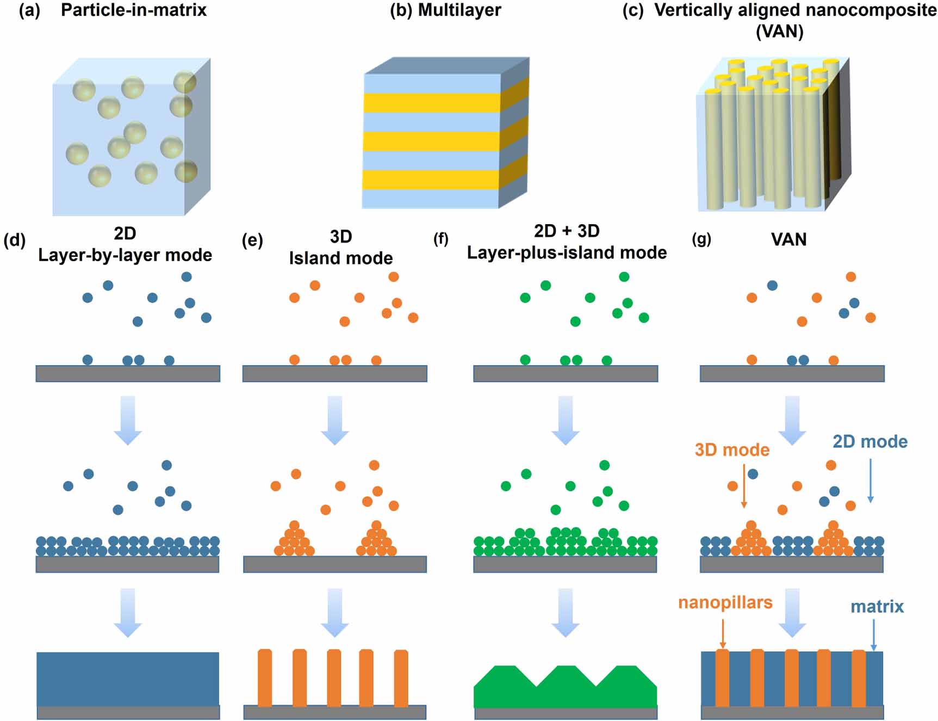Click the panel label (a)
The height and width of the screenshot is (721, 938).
click(x=29, y=10)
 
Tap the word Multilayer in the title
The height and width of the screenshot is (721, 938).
click(x=459, y=10)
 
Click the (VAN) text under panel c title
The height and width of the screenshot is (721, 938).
click(x=779, y=31)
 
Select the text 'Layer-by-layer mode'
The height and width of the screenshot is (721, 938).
click(x=125, y=255)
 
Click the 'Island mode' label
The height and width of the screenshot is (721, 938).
click(x=341, y=257)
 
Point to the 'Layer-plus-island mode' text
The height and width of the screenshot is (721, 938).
click(x=567, y=252)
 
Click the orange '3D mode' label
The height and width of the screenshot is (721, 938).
click(x=732, y=449)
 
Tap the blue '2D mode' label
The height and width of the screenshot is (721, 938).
click(x=869, y=441)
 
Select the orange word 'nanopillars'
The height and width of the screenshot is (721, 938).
click(x=725, y=602)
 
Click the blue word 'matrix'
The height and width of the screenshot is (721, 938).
click(x=877, y=606)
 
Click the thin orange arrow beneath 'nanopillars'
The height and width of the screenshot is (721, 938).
click(x=723, y=634)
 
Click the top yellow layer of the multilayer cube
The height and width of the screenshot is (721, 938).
click(x=432, y=102)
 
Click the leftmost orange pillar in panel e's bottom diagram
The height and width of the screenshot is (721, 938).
click(x=265, y=677)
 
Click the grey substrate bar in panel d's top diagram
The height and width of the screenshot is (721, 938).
click(x=128, y=373)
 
